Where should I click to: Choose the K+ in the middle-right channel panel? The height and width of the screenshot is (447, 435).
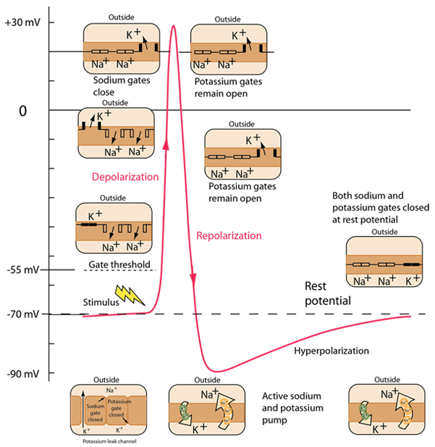pyautogui.click(x=253, y=138)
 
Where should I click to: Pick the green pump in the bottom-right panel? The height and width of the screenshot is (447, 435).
pyautogui.click(x=366, y=411)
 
